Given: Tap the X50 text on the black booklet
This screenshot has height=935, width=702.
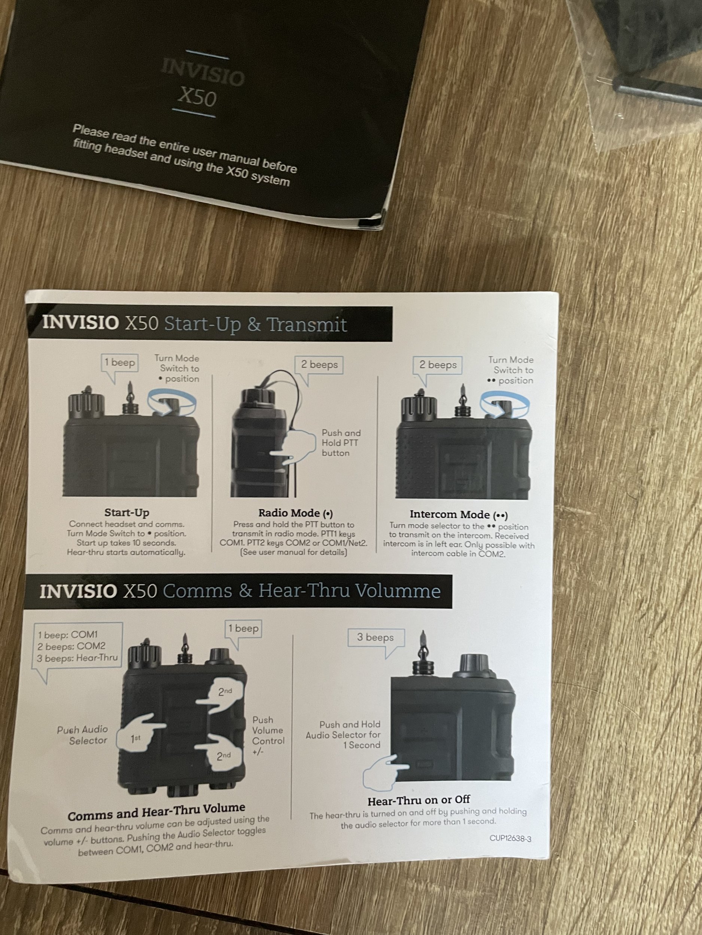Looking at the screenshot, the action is [x=197, y=97].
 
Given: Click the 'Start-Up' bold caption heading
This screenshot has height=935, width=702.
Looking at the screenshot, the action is [x=127, y=513].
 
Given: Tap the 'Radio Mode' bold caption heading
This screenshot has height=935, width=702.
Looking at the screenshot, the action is [x=296, y=513].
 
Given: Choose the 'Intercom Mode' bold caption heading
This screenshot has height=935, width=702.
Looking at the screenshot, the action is [x=459, y=514].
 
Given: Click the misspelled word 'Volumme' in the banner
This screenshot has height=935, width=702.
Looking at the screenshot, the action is [x=398, y=591].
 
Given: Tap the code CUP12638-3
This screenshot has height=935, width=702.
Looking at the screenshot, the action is [x=510, y=838].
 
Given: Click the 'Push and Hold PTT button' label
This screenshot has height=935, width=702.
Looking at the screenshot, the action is [x=341, y=442].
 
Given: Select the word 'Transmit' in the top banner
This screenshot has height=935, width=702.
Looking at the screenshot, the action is [x=307, y=325].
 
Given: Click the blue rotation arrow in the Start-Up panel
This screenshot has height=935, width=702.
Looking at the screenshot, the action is [x=172, y=402].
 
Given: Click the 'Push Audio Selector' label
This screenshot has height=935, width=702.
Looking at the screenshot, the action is [x=82, y=735].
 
